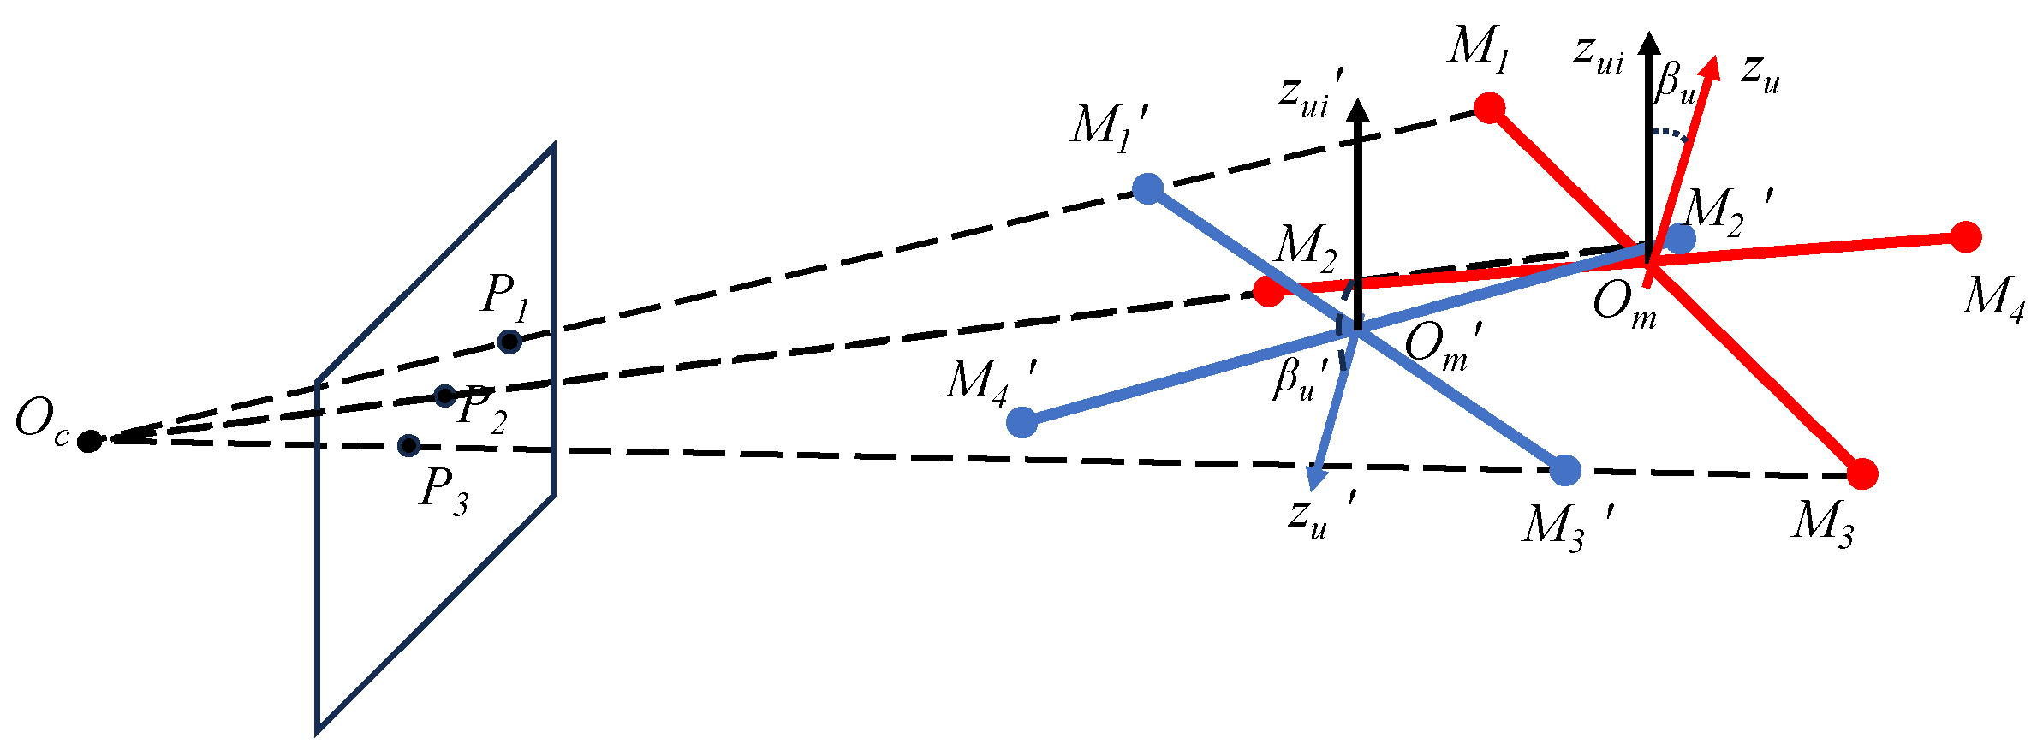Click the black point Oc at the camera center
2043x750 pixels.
click(x=89, y=441)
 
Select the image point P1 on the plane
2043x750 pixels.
click(x=509, y=342)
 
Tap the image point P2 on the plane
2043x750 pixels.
click(x=444, y=396)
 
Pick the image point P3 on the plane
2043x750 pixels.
click(x=408, y=445)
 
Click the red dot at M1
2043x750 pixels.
click(x=1490, y=108)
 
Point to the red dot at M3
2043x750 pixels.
click(x=1863, y=473)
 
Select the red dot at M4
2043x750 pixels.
click(x=1966, y=237)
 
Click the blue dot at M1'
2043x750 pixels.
click(x=1147, y=188)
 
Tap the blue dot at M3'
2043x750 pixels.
click(x=1565, y=470)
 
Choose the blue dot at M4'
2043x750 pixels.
click(x=1021, y=421)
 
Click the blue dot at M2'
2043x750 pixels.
click(x=1680, y=239)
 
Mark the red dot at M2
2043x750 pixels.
click(x=1268, y=291)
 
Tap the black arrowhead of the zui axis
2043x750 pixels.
click(x=1649, y=43)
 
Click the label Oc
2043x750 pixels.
click(x=41, y=422)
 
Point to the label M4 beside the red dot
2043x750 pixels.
click(x=1993, y=300)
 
